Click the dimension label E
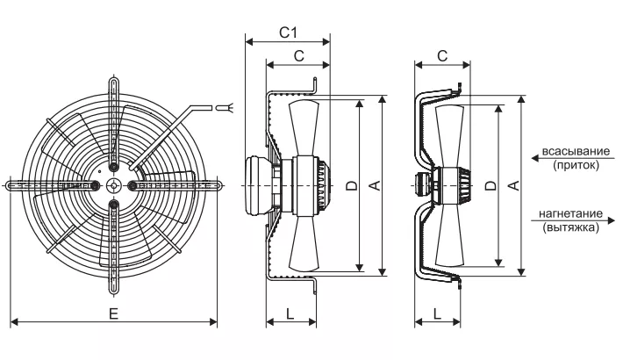114,314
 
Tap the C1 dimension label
288,32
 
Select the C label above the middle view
299,56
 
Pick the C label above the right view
442,56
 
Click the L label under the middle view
290,313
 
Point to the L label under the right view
437,313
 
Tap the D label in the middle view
352,185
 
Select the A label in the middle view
375,185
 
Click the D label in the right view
491,185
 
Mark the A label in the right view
514,185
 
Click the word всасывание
576,152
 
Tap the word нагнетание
570,213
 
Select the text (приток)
576,165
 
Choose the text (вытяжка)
570,227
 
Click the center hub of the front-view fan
114,185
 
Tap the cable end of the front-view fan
225,107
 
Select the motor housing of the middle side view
258,185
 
